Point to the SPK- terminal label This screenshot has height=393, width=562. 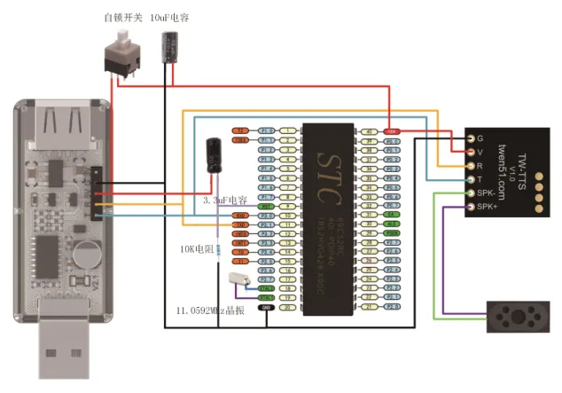[x=485, y=193]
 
